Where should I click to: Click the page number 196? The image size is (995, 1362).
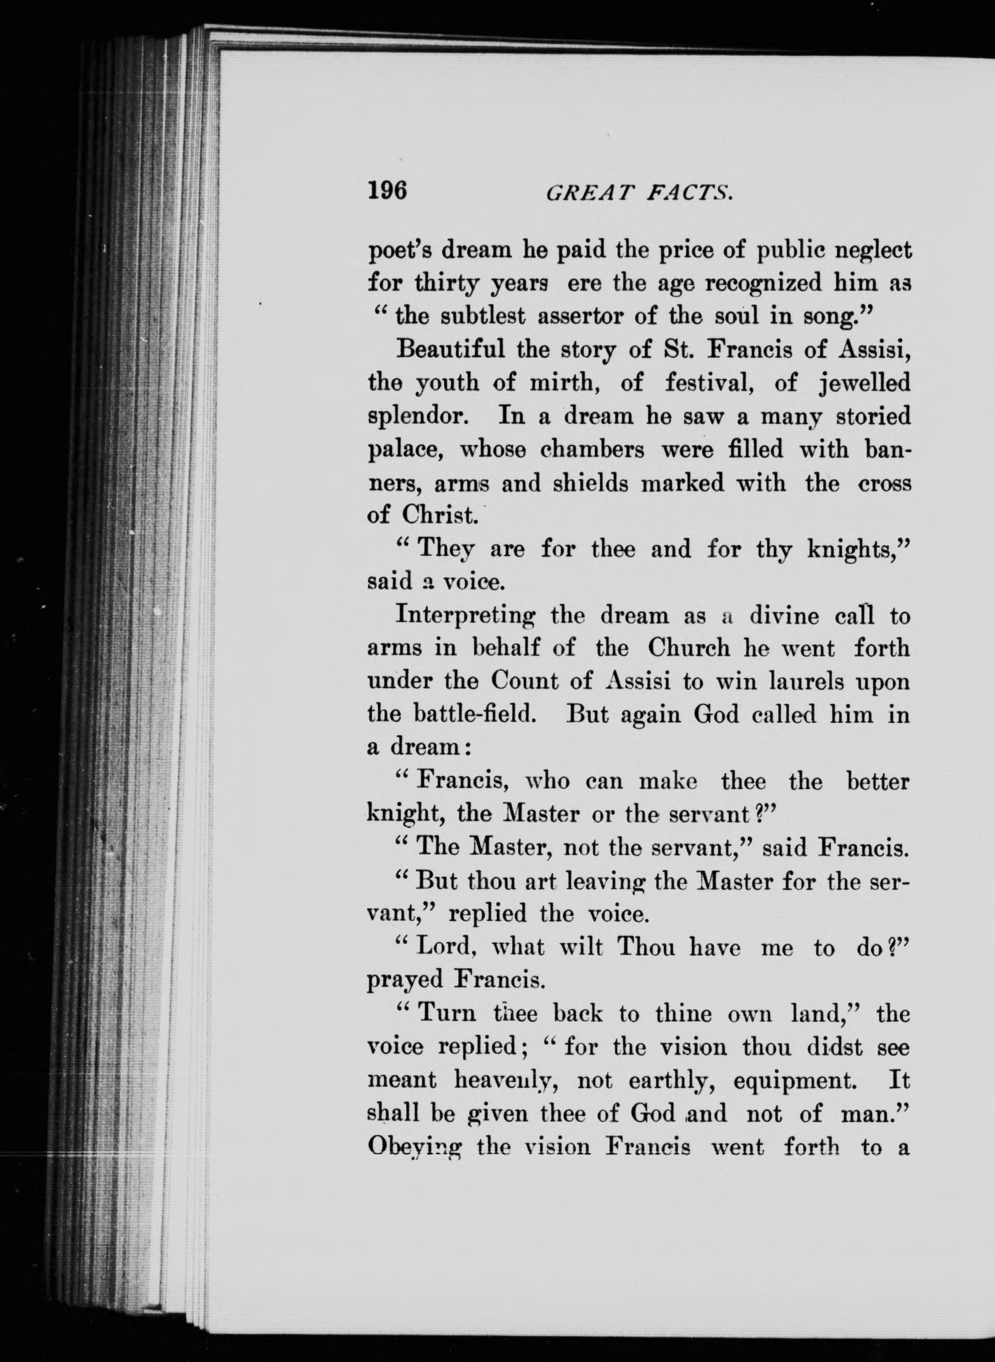pyautogui.click(x=387, y=191)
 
